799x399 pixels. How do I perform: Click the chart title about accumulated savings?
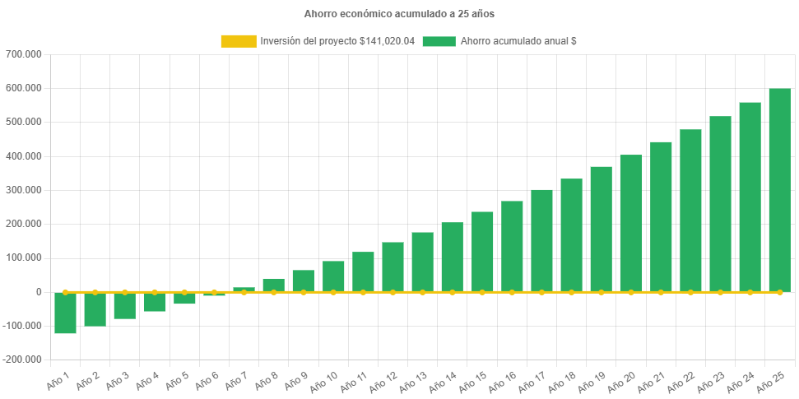(x=399, y=14)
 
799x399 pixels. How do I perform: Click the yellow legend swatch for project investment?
(x=238, y=41)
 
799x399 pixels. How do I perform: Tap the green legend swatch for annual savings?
(x=439, y=41)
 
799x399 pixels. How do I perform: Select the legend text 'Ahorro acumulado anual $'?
(x=518, y=41)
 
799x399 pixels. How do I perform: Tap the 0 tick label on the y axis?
(x=39, y=292)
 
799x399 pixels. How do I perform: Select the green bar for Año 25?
(x=779, y=189)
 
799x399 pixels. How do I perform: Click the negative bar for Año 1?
(x=65, y=313)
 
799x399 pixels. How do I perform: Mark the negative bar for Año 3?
(x=124, y=305)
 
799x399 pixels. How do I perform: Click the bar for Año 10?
(x=333, y=276)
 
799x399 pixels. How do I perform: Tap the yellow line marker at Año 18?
(x=571, y=292)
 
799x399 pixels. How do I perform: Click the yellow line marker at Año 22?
(x=690, y=292)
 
